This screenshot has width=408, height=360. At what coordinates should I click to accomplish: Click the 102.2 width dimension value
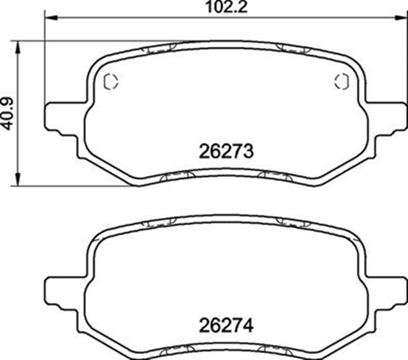point(226,7)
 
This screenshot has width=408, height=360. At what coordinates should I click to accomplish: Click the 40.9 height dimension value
point(7,113)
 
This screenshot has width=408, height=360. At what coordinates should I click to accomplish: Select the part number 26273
point(226,152)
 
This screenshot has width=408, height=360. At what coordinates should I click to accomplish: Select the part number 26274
point(226,326)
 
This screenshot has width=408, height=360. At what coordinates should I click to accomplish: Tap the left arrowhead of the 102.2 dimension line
point(50,18)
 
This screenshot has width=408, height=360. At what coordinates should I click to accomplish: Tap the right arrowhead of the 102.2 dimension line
point(401,18)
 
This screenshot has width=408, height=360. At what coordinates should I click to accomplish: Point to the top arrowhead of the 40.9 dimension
point(17,47)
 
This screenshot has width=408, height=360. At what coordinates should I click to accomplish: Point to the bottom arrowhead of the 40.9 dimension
point(17,180)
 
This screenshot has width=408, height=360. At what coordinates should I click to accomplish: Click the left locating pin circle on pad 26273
point(111,82)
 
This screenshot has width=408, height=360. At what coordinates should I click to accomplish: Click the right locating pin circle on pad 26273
point(342,82)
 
